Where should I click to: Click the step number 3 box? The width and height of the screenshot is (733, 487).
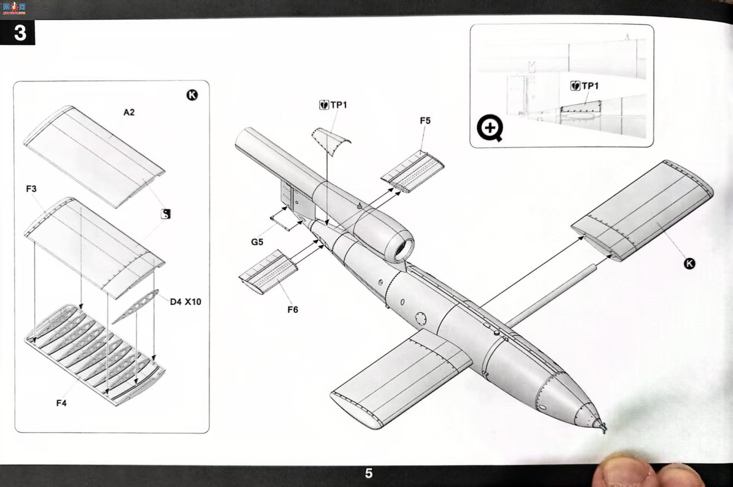[18, 33]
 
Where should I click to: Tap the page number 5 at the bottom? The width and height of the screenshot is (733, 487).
[368, 473]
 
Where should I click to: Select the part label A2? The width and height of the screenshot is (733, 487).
[129, 112]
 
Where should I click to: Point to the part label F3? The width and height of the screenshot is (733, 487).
[31, 189]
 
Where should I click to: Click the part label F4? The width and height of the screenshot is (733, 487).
[61, 403]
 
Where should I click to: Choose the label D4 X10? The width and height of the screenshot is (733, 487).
[186, 302]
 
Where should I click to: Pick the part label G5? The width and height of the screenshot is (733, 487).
[257, 242]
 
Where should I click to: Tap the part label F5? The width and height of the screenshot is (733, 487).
[425, 121]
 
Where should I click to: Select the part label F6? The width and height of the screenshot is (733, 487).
[293, 310]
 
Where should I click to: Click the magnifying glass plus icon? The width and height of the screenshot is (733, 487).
[490, 128]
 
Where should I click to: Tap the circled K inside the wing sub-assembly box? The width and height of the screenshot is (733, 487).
[192, 95]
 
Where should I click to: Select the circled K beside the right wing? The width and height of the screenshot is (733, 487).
[689, 263]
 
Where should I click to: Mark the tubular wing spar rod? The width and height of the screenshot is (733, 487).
[551, 295]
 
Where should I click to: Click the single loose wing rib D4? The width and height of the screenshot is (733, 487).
[136, 307]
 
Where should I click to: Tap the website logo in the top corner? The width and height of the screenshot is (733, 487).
[14, 8]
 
